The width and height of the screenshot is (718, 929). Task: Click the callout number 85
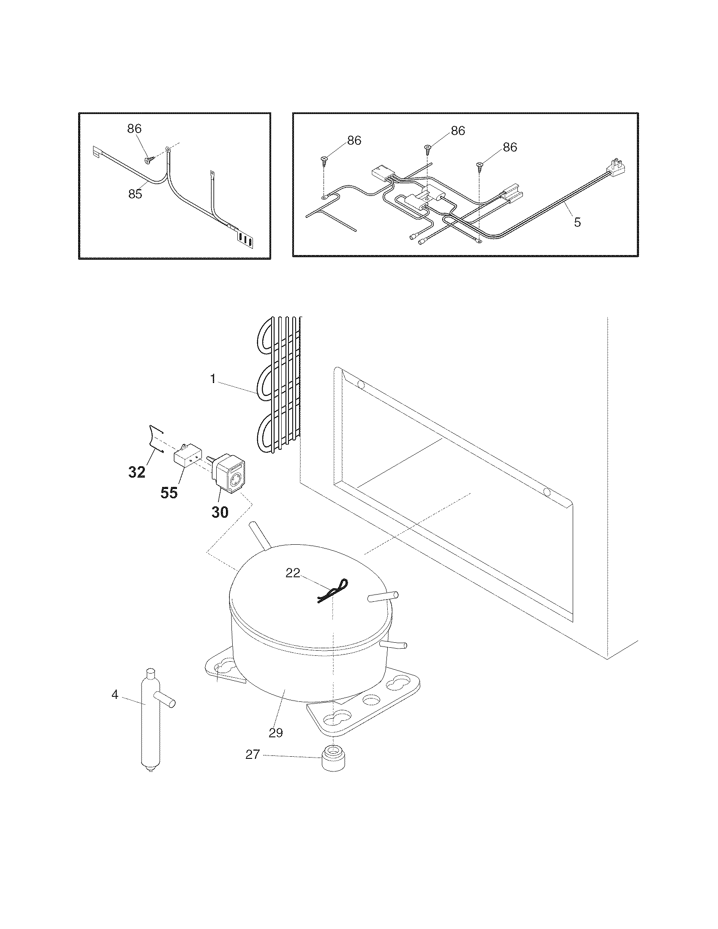point(135,194)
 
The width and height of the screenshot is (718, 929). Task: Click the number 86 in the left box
point(134,128)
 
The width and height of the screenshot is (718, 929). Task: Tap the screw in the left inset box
point(148,160)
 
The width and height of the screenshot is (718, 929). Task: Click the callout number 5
point(577,223)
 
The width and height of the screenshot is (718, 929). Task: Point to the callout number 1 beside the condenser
point(213,379)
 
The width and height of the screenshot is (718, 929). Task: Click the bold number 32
point(137,472)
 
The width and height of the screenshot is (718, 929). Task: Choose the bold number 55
point(169,493)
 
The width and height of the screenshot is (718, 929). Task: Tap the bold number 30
point(220,512)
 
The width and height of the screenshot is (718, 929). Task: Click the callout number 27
point(253,766)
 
